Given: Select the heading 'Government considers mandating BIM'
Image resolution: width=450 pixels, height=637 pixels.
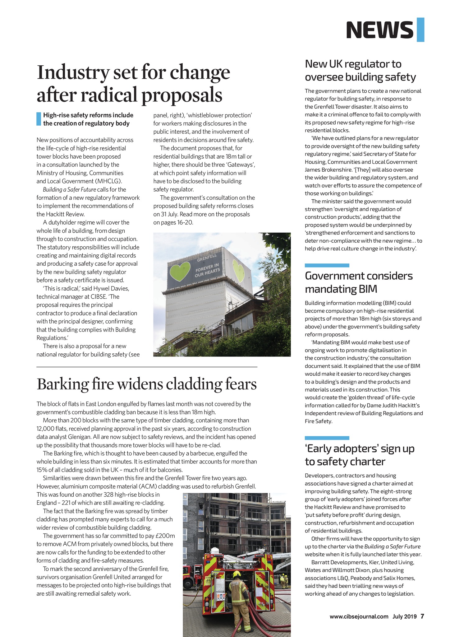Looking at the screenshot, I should click(x=359, y=282).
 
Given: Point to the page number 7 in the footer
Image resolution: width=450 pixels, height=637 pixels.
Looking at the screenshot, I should click(x=422, y=616).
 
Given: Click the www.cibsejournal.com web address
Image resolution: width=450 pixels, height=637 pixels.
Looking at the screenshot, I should click(x=359, y=616).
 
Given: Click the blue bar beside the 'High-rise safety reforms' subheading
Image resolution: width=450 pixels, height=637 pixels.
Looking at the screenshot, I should click(x=39, y=119).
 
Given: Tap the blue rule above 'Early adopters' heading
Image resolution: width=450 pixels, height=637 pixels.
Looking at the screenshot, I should click(x=327, y=438).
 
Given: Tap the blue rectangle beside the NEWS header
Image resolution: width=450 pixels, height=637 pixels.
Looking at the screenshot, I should click(x=420, y=30).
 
